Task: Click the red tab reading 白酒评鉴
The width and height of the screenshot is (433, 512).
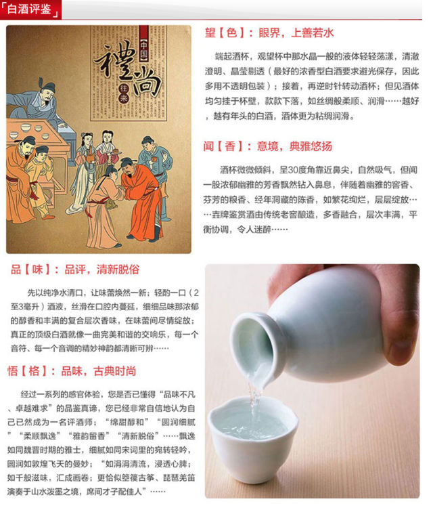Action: coord(30,9)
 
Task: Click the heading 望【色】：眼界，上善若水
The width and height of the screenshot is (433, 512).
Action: coord(269,33)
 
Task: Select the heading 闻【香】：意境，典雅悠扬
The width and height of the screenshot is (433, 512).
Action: coord(267,146)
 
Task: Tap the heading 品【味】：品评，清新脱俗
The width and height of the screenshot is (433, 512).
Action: coord(75,270)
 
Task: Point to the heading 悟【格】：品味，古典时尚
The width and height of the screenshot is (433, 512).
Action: coord(72,371)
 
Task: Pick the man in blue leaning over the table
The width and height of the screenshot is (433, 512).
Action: coord(39,101)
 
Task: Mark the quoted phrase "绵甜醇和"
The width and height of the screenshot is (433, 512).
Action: coord(128,422)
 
